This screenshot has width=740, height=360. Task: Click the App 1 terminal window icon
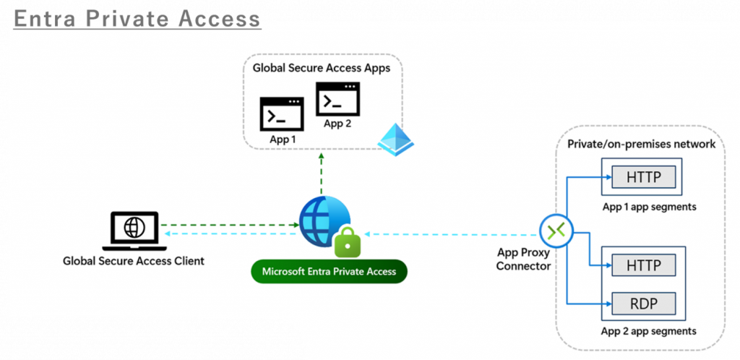[282, 114]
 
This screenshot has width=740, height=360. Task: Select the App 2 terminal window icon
[337, 99]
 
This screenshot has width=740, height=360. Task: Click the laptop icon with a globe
[134, 228]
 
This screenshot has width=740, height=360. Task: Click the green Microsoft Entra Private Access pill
[329, 272]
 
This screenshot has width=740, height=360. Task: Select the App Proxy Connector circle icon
[556, 231]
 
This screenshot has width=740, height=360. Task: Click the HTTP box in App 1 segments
[643, 177]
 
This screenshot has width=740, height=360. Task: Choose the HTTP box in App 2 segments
[643, 265]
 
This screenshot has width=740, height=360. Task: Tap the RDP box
[643, 303]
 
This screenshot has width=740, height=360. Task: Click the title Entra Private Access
[137, 17]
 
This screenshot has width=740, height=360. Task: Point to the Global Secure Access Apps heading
[321, 69]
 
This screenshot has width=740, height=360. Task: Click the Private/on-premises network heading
[641, 144]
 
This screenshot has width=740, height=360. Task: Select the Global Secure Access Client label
[134, 261]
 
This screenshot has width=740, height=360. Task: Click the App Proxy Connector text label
[524, 260]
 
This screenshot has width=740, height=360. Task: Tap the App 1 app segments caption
[649, 207]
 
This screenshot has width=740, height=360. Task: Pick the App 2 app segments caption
[649, 332]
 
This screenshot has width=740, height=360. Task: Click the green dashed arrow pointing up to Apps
[321, 173]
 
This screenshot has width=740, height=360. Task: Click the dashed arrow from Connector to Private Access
[452, 234]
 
